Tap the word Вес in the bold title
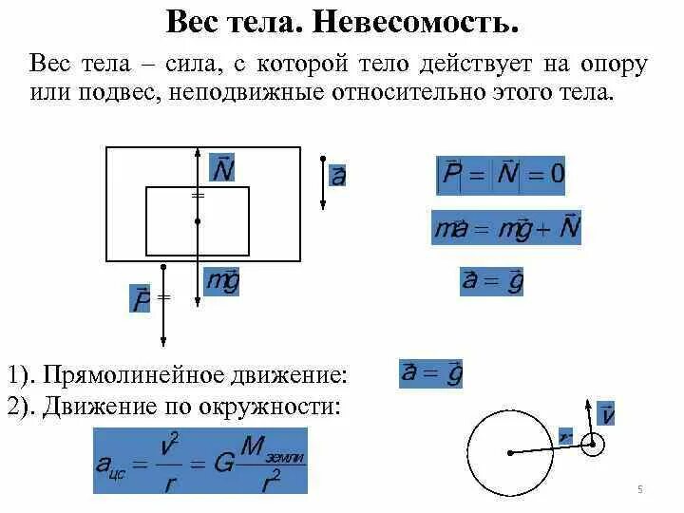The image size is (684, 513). click(193, 21)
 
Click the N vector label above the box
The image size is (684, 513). click(222, 168)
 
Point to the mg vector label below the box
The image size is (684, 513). click(222, 282)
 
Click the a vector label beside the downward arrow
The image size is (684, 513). click(337, 176)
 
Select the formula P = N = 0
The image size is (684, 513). click(500, 174)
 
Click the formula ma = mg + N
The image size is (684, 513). click(506, 228)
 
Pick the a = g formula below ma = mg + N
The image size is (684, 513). click(492, 281)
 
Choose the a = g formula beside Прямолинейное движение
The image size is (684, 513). click(430, 373)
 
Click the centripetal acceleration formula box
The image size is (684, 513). click(200, 461)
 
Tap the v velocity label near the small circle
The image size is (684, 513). click(607, 415)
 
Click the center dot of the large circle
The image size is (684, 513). click(511, 453)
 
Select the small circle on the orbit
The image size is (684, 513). click(592, 444)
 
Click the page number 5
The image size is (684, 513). click(640, 489)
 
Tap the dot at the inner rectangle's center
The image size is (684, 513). click(198, 221)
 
